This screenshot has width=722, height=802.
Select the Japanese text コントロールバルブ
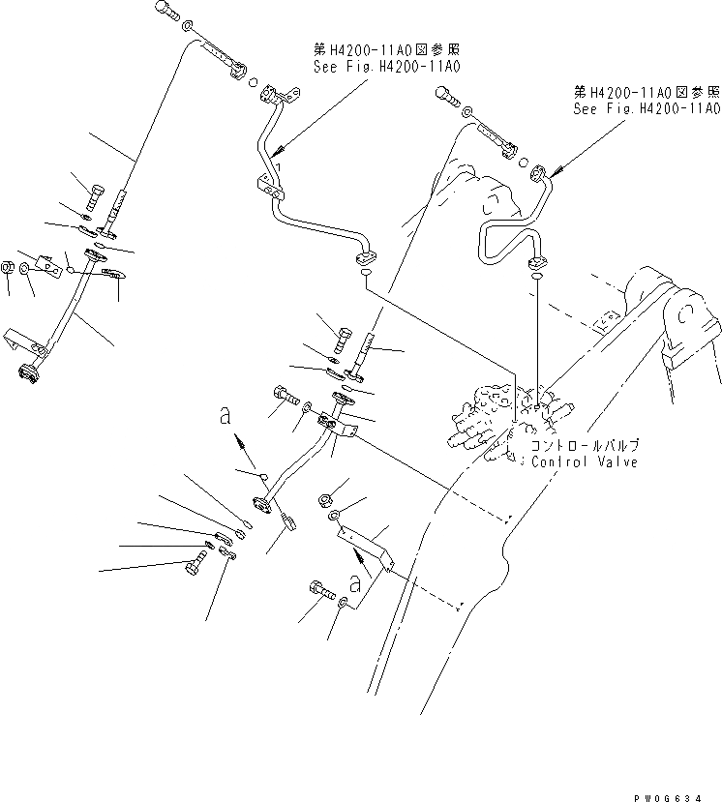(x=585, y=447)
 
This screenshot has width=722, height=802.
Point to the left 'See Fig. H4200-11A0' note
(x=386, y=68)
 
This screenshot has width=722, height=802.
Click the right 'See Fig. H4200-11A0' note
(x=646, y=109)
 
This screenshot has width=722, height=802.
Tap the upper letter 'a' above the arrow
(x=225, y=416)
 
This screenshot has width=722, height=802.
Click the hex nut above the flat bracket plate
(x=326, y=500)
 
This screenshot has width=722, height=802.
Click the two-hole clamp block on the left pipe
(x=271, y=190)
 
